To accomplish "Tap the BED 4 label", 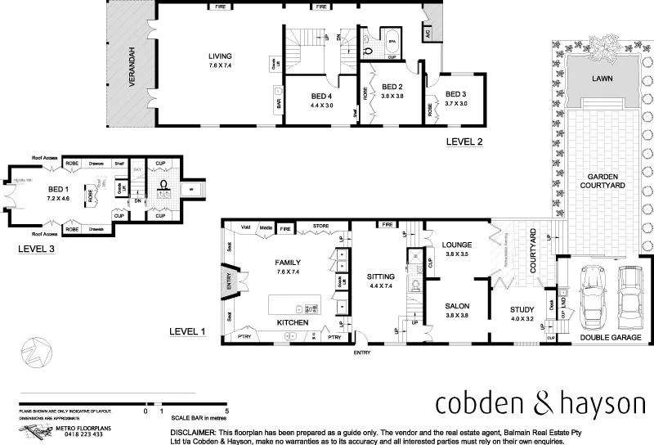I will point(321,97).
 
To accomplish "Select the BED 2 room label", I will point(392,88).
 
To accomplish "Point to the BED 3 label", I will point(456,95).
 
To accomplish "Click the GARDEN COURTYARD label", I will point(606,181).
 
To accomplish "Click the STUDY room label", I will point(522,309).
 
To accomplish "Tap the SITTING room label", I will point(380,276).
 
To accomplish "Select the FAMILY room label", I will point(289,263).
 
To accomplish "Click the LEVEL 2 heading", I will point(464,141).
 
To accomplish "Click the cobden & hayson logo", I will point(540,403).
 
